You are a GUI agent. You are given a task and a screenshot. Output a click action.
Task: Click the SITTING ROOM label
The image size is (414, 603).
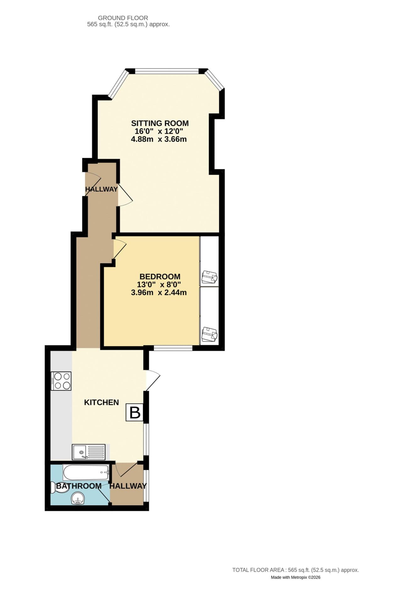[x=160, y=123]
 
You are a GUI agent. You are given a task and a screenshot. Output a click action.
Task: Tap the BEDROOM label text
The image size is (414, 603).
[x=160, y=276]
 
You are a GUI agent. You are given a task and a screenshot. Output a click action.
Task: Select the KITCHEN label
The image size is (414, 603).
[x=101, y=402]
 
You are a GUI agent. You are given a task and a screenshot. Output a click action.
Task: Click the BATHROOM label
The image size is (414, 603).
[x=79, y=486]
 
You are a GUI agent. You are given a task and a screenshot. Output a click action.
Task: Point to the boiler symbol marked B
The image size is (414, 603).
[x=135, y=412]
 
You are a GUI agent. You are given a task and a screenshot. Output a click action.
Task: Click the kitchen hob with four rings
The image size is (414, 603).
[x=61, y=381]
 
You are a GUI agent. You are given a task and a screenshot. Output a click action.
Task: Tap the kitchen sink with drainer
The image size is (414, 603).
[x=89, y=452]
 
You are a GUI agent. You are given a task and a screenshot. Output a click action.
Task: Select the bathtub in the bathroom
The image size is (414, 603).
[x=86, y=472]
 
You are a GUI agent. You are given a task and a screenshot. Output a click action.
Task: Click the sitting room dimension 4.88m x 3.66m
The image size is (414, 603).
[x=159, y=139]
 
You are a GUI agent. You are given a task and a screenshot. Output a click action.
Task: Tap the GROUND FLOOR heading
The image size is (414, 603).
[x=123, y=18]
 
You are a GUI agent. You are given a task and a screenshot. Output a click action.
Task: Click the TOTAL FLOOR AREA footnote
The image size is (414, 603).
[x=295, y=570]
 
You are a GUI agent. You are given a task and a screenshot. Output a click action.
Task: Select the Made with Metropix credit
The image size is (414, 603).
[x=295, y=577]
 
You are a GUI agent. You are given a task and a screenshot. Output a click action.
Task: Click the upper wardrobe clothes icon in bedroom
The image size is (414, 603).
[x=209, y=277]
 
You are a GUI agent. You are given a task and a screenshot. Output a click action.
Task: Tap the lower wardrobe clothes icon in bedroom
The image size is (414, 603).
[x=209, y=334]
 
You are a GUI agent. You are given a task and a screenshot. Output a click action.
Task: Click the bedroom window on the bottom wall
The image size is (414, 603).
[x=173, y=348]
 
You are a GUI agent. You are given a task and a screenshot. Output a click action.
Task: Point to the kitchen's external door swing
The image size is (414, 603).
[x=152, y=380]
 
